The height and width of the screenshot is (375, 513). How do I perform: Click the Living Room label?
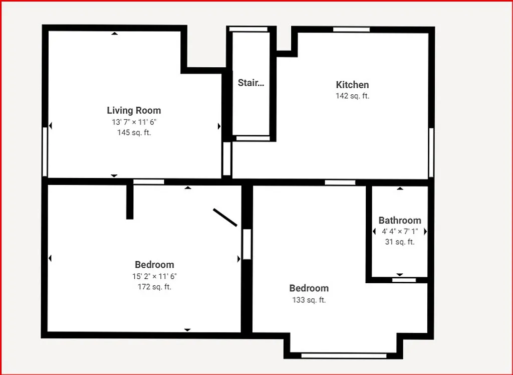pos(134,110)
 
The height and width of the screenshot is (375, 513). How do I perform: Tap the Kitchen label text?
pos(352,85)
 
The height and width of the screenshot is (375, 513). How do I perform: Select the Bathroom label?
pos(399,221)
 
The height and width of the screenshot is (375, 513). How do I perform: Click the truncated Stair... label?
pos(250,83)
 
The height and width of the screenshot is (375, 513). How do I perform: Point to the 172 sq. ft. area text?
pos(154,287)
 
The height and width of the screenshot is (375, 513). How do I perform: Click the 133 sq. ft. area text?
pos(309,300)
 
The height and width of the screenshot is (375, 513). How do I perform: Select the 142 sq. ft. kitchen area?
pos(352,96)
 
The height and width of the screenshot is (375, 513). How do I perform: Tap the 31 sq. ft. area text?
pos(399,242)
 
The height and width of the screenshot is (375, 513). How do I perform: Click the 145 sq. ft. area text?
pos(134,133)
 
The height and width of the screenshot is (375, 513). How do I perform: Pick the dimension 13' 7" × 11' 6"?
pos(134,122)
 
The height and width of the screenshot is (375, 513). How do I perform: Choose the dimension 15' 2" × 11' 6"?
pos(154,276)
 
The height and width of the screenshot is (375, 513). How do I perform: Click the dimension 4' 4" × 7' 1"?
pos(399,232)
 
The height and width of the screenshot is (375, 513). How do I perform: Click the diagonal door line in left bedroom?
pos(225,218)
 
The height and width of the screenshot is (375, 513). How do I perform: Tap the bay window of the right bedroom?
pos(344,355)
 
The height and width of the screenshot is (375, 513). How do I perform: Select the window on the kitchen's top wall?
pos(351,30)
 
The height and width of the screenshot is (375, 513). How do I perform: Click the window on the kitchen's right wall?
pos(431,152)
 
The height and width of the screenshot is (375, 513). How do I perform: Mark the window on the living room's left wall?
pos(45,151)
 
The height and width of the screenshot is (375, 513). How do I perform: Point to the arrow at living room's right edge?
pos(219,126)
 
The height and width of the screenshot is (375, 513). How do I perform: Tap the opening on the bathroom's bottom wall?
pos(403,280)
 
